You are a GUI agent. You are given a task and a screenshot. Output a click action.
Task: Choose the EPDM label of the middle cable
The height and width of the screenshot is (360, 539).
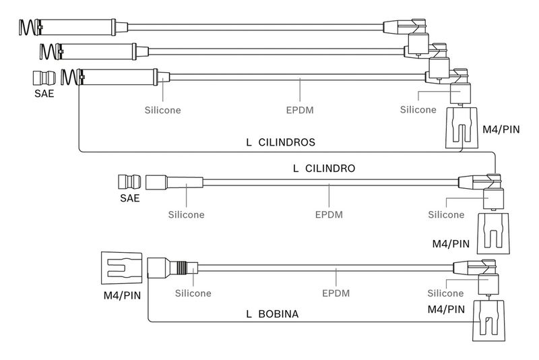pyautogui.click(x=329, y=214)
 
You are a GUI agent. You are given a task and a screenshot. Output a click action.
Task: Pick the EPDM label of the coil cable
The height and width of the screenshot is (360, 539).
pyautogui.click(x=335, y=293)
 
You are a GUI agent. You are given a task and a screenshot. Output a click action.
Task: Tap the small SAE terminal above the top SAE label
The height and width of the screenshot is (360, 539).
pyautogui.click(x=44, y=76)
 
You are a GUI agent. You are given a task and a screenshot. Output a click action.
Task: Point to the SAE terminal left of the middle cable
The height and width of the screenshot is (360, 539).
pyautogui.click(x=130, y=182)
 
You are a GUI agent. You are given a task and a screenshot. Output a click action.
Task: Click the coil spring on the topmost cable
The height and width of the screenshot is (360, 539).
pyautogui.click(x=29, y=27)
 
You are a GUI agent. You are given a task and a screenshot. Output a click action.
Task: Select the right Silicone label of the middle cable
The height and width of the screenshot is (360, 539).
pyautogui.click(x=446, y=214)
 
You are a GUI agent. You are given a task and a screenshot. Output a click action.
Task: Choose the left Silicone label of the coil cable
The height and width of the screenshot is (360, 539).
pyautogui.click(x=193, y=293)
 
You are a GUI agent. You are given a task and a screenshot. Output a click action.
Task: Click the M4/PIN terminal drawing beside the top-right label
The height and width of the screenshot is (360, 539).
pyautogui.click(x=463, y=127)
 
